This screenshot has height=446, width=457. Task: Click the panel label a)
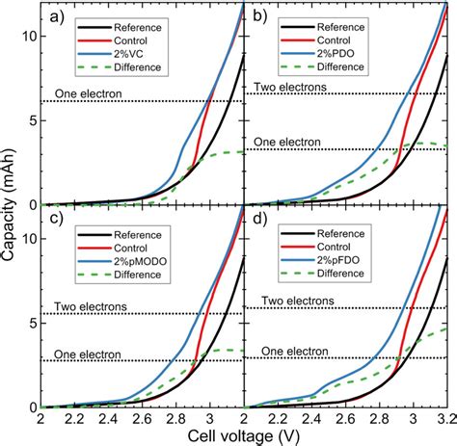tap(55, 16)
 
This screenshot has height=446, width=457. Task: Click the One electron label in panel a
tap(85, 93)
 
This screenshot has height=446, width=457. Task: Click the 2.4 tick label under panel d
tap(313, 421)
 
